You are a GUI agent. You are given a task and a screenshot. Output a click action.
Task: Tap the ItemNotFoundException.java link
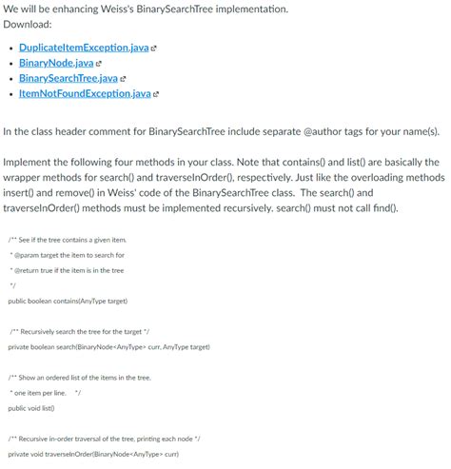pos(85,93)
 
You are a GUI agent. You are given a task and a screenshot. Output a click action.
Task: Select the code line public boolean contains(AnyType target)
pos(67,301)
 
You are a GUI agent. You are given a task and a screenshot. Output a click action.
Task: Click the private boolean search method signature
pos(103,347)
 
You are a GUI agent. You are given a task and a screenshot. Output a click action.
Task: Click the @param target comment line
pos(67,254)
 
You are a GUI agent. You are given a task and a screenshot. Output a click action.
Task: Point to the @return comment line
pos(67,270)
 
